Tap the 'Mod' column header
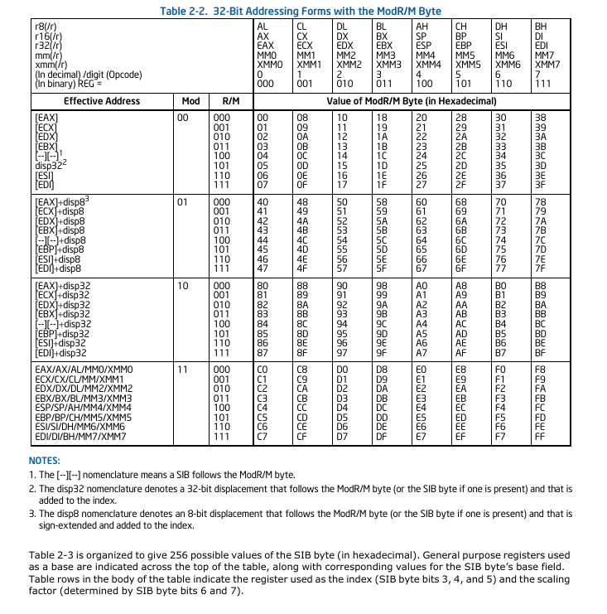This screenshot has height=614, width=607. [x=190, y=101]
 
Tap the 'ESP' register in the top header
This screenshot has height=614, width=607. [x=425, y=46]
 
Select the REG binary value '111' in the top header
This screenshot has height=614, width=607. [x=542, y=83]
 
